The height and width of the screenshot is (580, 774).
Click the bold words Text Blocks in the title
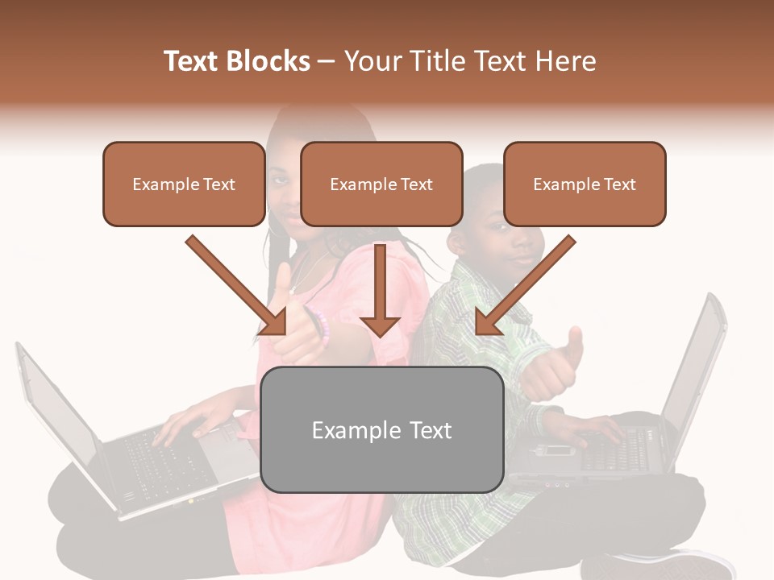(x=236, y=61)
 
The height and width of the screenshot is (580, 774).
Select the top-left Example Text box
(x=184, y=184)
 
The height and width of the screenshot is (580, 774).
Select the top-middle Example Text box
(x=381, y=184)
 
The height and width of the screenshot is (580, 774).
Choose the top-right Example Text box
(x=585, y=184)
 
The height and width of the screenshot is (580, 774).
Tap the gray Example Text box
(x=382, y=429)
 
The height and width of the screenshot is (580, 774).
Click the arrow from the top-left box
(x=238, y=286)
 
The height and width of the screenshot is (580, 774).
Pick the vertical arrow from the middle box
(x=381, y=290)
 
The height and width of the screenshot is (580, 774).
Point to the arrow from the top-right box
(x=524, y=286)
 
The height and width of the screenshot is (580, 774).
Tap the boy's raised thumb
(x=574, y=342)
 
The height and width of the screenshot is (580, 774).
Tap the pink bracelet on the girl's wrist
(x=322, y=326)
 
